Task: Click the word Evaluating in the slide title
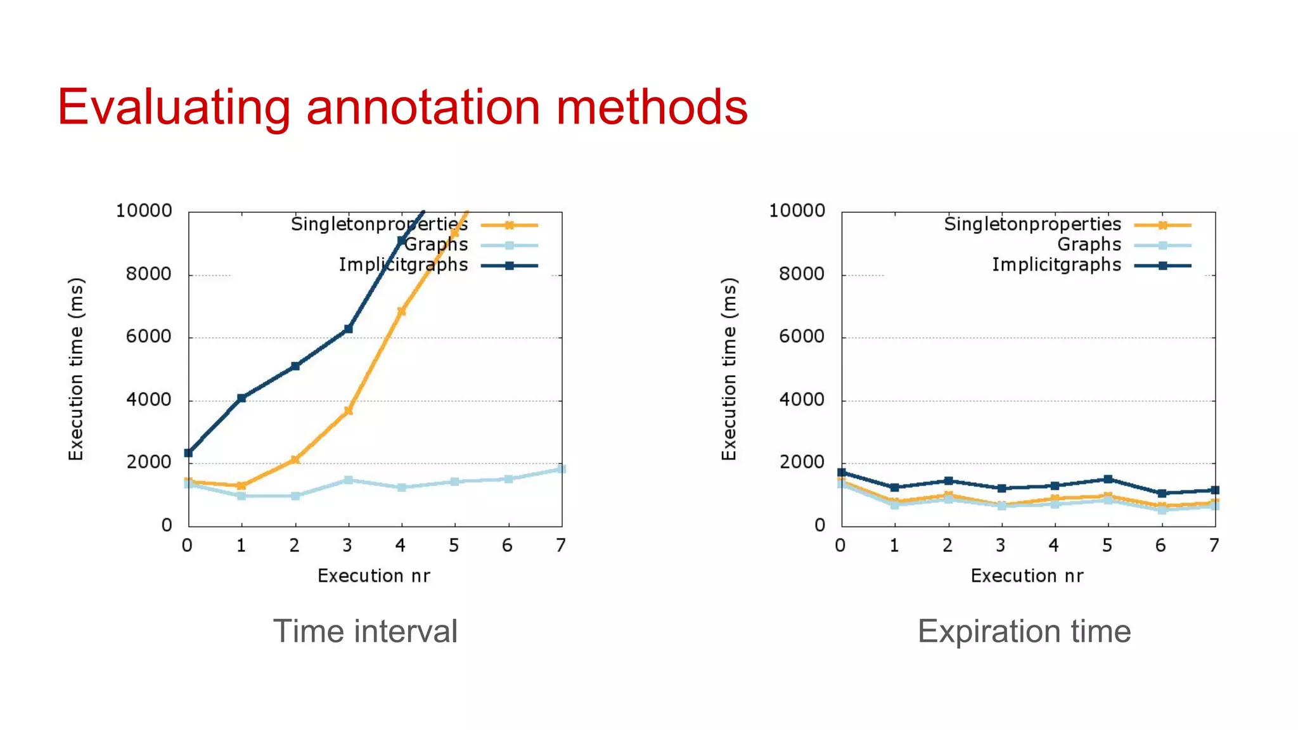(173, 108)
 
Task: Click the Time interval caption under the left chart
(365, 631)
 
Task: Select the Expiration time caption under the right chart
(1024, 631)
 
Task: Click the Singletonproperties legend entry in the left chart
(379, 224)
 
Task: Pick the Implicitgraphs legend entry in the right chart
(1057, 265)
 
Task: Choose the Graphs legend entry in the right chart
(1089, 245)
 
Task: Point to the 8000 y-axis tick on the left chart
(148, 274)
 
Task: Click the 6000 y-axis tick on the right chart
(802, 336)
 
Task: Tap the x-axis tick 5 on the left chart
(454, 546)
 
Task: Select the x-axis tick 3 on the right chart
(1001, 546)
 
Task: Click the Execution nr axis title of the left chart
(374, 576)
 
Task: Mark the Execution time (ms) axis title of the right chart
(729, 369)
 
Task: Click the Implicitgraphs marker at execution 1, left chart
(241, 398)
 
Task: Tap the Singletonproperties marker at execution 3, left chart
(348, 411)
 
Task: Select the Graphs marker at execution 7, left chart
(561, 469)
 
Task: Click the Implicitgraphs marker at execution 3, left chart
(348, 329)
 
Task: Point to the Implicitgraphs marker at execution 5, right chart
(1108, 479)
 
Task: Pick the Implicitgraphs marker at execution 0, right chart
(842, 472)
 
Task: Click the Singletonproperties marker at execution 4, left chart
(401, 311)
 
